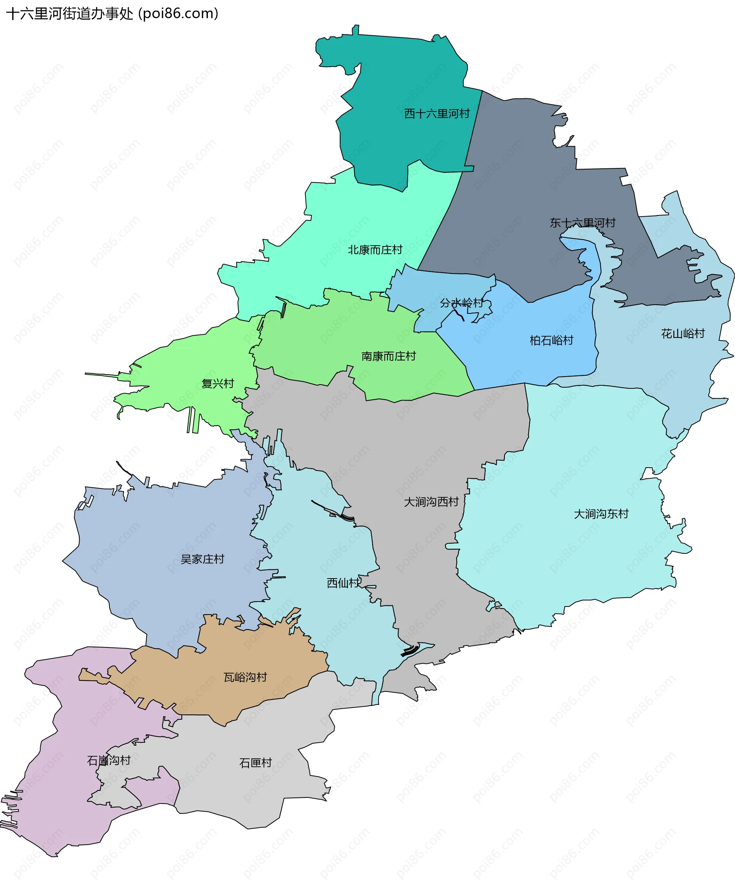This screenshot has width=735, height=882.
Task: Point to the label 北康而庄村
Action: pos(375,250)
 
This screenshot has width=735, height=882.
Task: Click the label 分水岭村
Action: pos(461,303)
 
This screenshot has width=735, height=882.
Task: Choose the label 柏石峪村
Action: pos(551,340)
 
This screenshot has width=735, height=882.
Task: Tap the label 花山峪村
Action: pos(683,334)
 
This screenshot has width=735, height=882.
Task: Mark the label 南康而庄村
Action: pos(388,356)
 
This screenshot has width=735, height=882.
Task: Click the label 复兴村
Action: pos(217,383)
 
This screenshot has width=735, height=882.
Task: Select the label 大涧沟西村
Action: pos(431,502)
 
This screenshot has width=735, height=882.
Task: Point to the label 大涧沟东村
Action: pos(601,514)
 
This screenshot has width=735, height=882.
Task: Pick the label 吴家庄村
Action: pos(202,559)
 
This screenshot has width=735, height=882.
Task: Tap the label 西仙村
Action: pos(343,583)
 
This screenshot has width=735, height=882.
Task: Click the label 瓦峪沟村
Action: pos(245,677)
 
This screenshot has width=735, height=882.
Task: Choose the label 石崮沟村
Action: pos(108,760)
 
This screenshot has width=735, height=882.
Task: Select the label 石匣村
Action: pos(255,763)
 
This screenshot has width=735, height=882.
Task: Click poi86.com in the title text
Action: pos(179,14)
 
